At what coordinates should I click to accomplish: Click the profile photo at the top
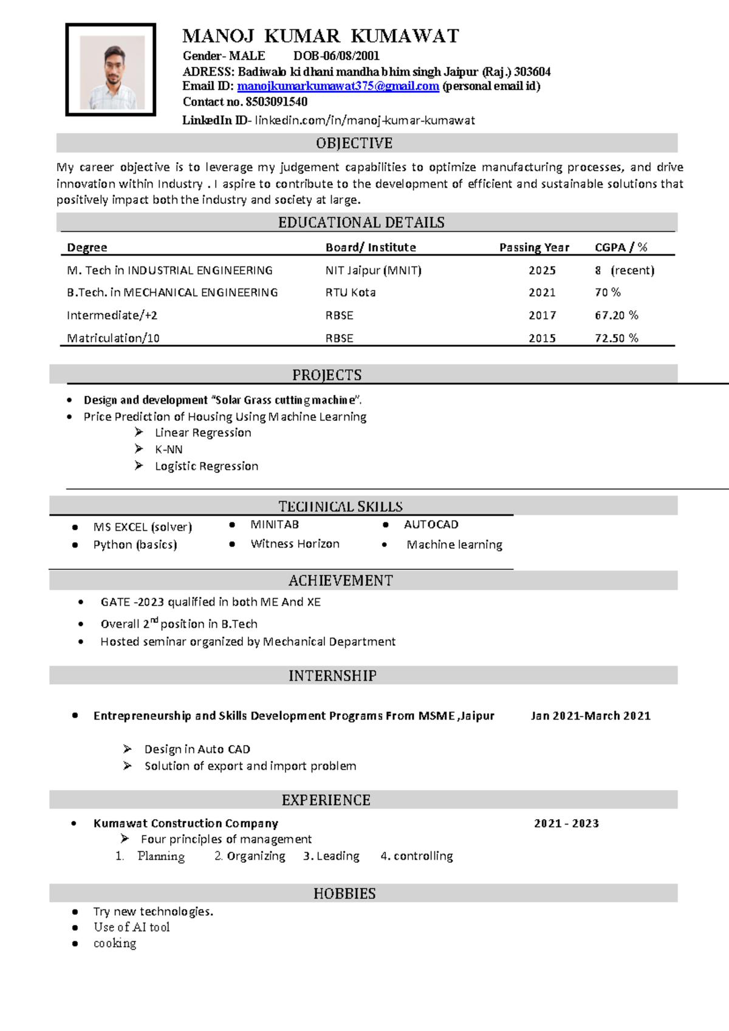pyautogui.click(x=111, y=70)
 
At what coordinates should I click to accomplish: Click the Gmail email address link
pyautogui.click(x=338, y=86)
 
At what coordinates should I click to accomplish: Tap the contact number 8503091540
pyautogui.click(x=276, y=102)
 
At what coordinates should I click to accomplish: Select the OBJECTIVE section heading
pyautogui.click(x=354, y=143)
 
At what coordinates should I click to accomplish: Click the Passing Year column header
pyautogui.click(x=534, y=247)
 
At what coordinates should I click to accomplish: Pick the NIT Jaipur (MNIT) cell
pyautogui.click(x=373, y=270)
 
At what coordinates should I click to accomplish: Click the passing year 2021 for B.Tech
pyautogui.click(x=542, y=293)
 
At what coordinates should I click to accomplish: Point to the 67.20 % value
pyautogui.click(x=616, y=315)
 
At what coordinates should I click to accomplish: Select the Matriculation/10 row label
pyautogui.click(x=113, y=338)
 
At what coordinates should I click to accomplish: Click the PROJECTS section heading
pyautogui.click(x=327, y=375)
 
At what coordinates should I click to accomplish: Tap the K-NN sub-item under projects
pyautogui.click(x=168, y=449)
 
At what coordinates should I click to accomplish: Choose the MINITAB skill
pyautogui.click(x=275, y=525)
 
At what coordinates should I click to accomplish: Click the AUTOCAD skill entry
pyautogui.click(x=431, y=525)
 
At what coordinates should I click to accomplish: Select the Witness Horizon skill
pyautogui.click(x=295, y=544)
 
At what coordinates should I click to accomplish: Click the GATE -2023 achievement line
pyautogui.click(x=210, y=602)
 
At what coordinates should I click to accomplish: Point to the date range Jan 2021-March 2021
pyautogui.click(x=590, y=716)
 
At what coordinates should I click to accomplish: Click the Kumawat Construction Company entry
pyautogui.click(x=185, y=823)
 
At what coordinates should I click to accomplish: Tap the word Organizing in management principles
pyautogui.click(x=256, y=856)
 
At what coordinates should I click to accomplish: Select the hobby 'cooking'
pyautogui.click(x=115, y=944)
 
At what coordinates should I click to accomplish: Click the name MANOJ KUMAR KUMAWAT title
pyautogui.click(x=321, y=36)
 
